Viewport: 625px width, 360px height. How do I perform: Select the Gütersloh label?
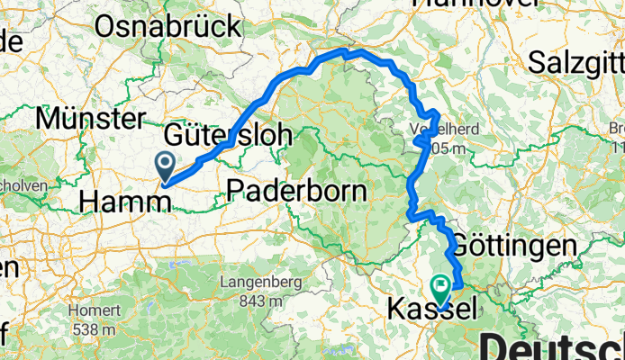point(229,137)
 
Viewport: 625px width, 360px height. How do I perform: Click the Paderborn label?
point(297,191)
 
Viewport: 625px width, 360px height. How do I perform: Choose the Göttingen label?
point(513,245)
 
